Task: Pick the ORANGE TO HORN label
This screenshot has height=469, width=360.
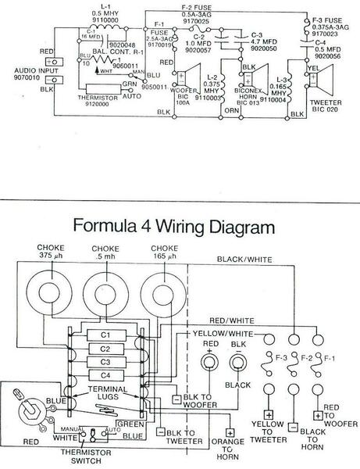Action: point(230,449)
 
